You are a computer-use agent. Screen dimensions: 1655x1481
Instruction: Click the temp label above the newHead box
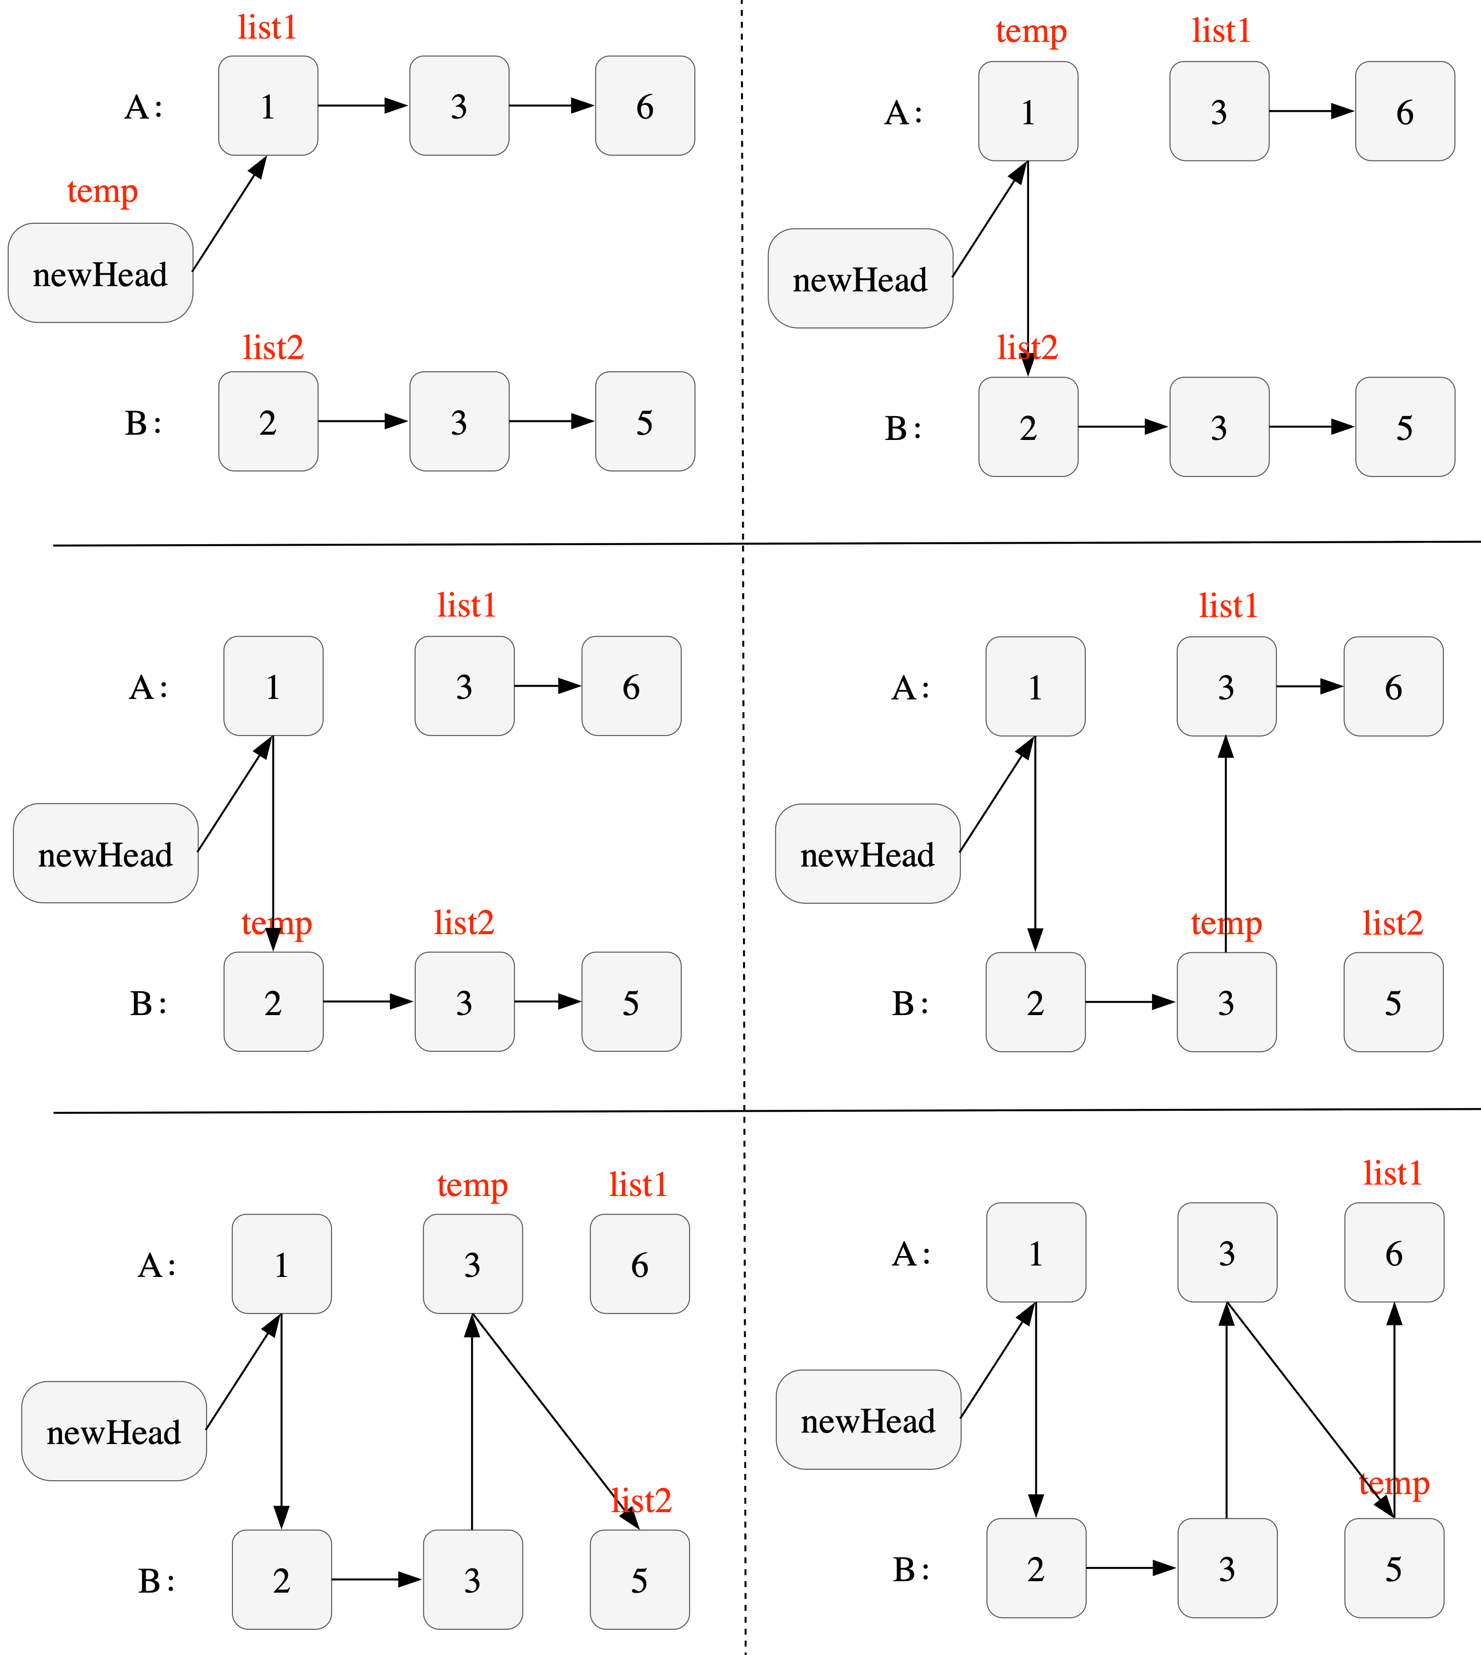pos(102,192)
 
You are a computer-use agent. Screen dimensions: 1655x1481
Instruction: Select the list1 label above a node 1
pos(267,28)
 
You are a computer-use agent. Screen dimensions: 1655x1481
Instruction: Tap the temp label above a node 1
pos(1030,32)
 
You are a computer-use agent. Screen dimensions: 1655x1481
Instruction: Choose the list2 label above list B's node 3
pos(464,923)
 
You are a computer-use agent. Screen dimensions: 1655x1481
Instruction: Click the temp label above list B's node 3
pos(1225,924)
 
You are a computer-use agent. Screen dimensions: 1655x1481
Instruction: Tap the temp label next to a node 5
pos(1394,1483)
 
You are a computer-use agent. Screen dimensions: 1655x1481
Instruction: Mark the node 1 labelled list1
pos(268,106)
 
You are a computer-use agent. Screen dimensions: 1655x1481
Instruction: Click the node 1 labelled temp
pos(1028,111)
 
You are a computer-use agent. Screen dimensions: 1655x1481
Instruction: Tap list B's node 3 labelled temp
pos(1226,1002)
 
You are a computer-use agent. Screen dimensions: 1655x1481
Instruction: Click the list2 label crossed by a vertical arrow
pos(1027,348)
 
